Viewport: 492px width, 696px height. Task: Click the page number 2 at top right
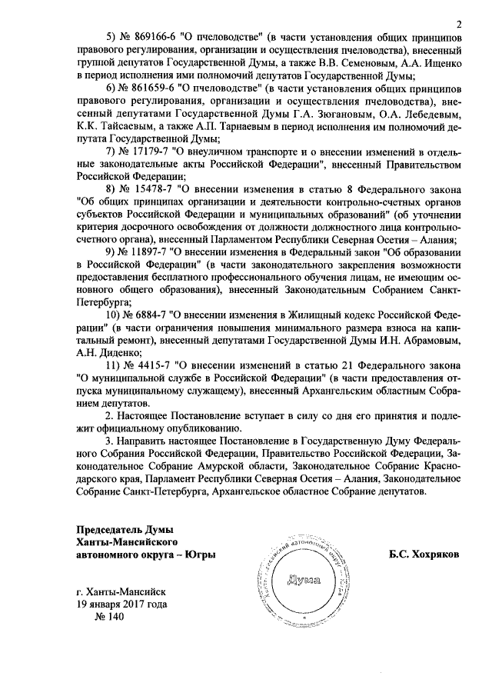[458, 24]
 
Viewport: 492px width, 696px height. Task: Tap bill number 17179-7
[140, 150]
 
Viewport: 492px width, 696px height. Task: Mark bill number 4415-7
[148, 364]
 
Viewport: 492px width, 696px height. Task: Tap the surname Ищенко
[439, 64]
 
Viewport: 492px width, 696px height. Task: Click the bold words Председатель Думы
[125, 529]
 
